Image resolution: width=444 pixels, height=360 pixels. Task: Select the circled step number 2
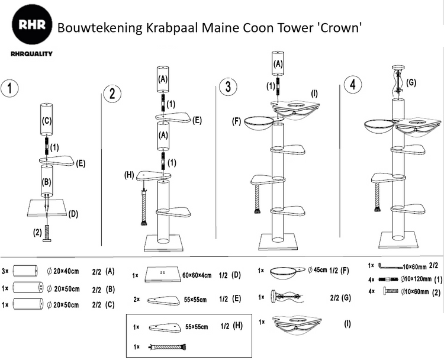(x=112, y=93)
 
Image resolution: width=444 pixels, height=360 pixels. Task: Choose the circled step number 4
(x=353, y=83)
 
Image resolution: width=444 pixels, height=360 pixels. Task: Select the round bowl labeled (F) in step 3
(x=259, y=124)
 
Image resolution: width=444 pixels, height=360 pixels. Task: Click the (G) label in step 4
(x=412, y=83)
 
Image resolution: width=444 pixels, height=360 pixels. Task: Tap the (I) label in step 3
(x=314, y=92)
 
